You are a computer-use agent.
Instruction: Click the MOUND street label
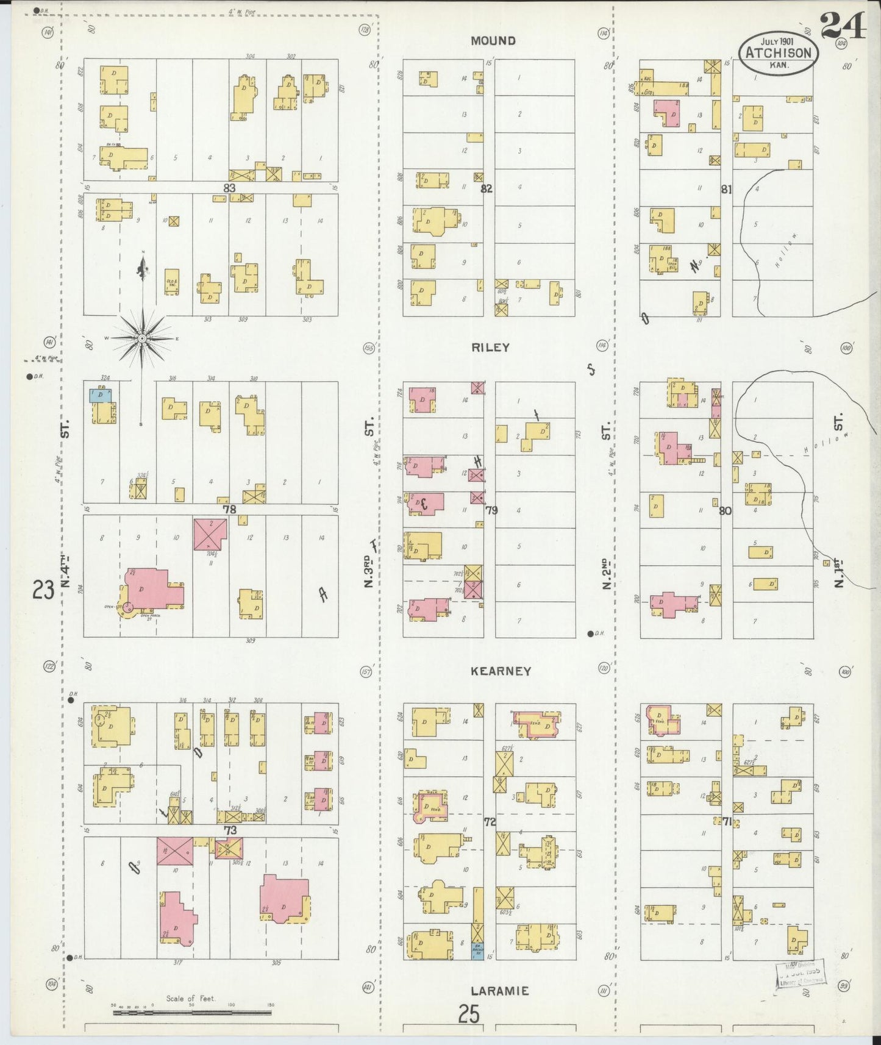(x=493, y=41)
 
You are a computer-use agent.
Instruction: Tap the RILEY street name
(x=490, y=348)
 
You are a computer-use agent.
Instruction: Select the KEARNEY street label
(x=501, y=671)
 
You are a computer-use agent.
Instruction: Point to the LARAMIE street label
(x=499, y=991)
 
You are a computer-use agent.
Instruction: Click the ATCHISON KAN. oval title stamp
(x=778, y=53)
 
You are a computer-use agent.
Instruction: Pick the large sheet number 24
(x=843, y=26)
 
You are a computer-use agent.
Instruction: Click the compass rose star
(x=141, y=338)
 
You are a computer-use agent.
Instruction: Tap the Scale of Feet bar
(x=192, y=1013)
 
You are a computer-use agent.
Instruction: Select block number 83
(x=229, y=188)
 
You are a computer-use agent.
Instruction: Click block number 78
(x=229, y=509)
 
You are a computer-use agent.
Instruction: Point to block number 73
(x=229, y=830)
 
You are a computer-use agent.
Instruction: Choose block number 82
(x=486, y=188)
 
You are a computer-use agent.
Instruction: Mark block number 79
(x=491, y=510)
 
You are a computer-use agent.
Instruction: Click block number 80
(x=724, y=511)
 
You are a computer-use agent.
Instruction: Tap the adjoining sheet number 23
(x=43, y=590)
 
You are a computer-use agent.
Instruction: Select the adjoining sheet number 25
(x=469, y=1014)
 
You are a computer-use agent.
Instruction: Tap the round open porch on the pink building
(x=128, y=607)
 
